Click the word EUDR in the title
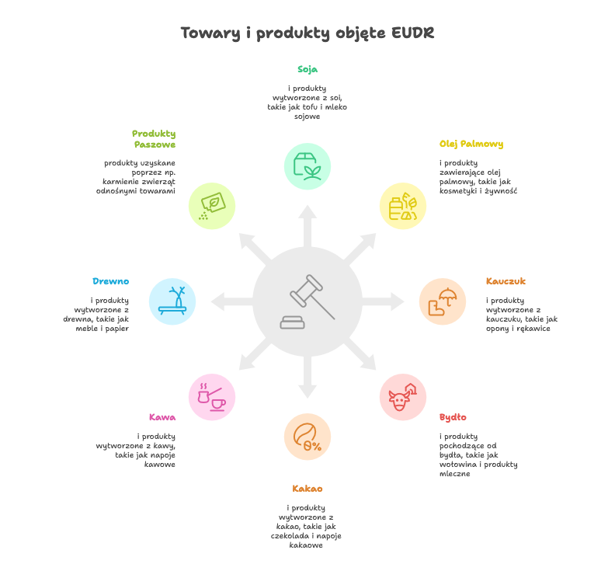[x=412, y=33]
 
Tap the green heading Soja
[x=307, y=69]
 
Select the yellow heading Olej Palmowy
[x=471, y=144]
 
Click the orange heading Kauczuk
[x=506, y=281]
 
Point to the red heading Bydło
[x=453, y=417]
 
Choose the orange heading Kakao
[x=307, y=489]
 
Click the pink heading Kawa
[x=162, y=417]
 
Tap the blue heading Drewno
[x=110, y=281]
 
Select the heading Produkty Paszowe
[x=154, y=139]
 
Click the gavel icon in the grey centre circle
[x=307, y=301]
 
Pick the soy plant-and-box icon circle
[x=307, y=166]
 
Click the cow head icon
[x=403, y=397]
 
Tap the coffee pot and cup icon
[x=212, y=397]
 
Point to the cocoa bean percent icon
[x=307, y=437]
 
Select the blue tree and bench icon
[x=172, y=301]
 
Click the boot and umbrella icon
[x=443, y=301]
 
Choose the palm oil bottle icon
[x=403, y=206]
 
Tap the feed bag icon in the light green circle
[x=212, y=206]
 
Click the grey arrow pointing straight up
[x=307, y=226]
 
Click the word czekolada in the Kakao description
[x=290, y=536]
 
